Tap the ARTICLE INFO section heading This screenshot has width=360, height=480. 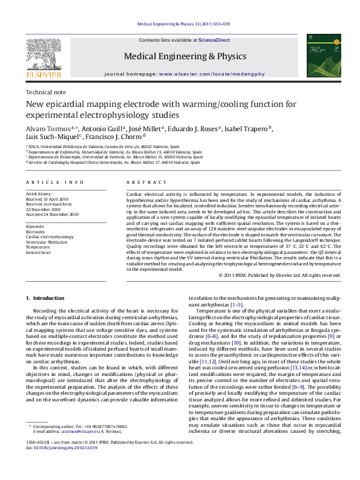[55, 181]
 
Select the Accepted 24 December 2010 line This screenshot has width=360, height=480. [52, 214]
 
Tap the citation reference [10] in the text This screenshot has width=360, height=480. [237, 342]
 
